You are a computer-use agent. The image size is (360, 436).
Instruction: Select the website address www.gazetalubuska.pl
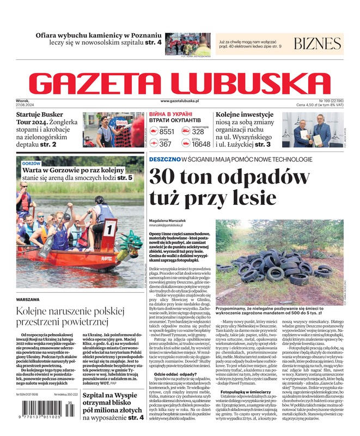tap(180, 101)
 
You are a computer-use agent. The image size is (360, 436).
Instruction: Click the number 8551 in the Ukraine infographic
tap(167, 132)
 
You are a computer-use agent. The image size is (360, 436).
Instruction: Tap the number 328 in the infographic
tap(198, 132)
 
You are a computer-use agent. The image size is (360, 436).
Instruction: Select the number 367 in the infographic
tap(165, 144)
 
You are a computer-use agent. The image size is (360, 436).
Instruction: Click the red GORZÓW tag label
tap(31, 163)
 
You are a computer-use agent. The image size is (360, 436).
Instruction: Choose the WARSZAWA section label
tap(28, 300)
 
